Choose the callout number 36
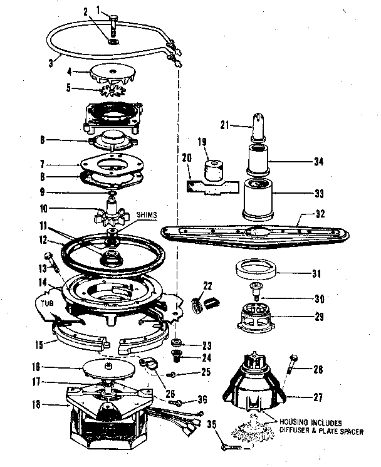pos(201,400)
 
